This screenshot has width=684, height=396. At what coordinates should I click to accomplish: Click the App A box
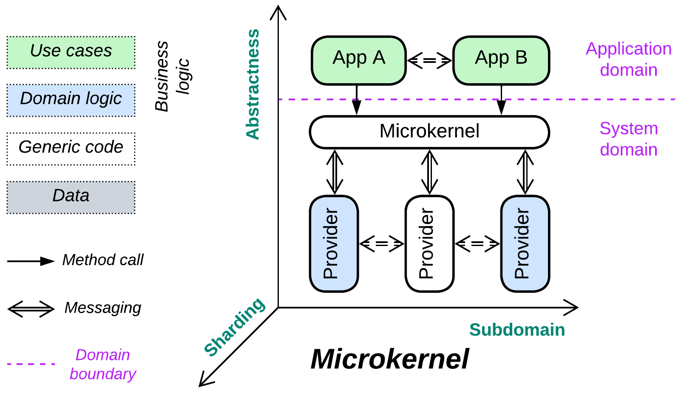click(x=359, y=60)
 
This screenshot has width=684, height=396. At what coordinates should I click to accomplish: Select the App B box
click(x=501, y=60)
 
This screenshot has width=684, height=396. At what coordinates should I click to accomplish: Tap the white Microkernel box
click(x=429, y=132)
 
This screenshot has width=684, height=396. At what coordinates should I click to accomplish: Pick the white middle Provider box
click(x=429, y=243)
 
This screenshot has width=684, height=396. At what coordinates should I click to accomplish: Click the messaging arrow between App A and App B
click(x=429, y=60)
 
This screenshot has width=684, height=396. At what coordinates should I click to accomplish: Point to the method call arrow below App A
click(x=357, y=100)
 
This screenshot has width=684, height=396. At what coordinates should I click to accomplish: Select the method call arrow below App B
click(x=502, y=100)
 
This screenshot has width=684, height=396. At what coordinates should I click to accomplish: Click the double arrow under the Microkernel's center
click(x=429, y=172)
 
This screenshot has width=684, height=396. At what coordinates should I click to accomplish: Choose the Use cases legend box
click(x=71, y=52)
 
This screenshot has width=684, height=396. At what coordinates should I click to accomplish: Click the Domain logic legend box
click(x=71, y=100)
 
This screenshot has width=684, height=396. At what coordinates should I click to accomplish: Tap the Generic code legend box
click(x=71, y=148)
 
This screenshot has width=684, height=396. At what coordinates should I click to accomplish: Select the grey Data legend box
click(x=71, y=197)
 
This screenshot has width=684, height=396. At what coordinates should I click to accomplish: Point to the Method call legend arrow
click(x=31, y=261)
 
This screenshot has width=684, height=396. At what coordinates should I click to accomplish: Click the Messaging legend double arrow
click(x=31, y=309)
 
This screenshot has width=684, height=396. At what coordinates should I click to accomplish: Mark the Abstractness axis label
click(x=253, y=84)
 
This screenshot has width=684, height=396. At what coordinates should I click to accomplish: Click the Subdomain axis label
click(x=517, y=330)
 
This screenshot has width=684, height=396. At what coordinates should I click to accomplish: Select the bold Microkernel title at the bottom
click(x=390, y=359)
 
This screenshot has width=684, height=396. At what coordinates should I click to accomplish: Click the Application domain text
click(x=628, y=59)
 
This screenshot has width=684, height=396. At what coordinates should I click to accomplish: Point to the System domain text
click(x=628, y=139)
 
